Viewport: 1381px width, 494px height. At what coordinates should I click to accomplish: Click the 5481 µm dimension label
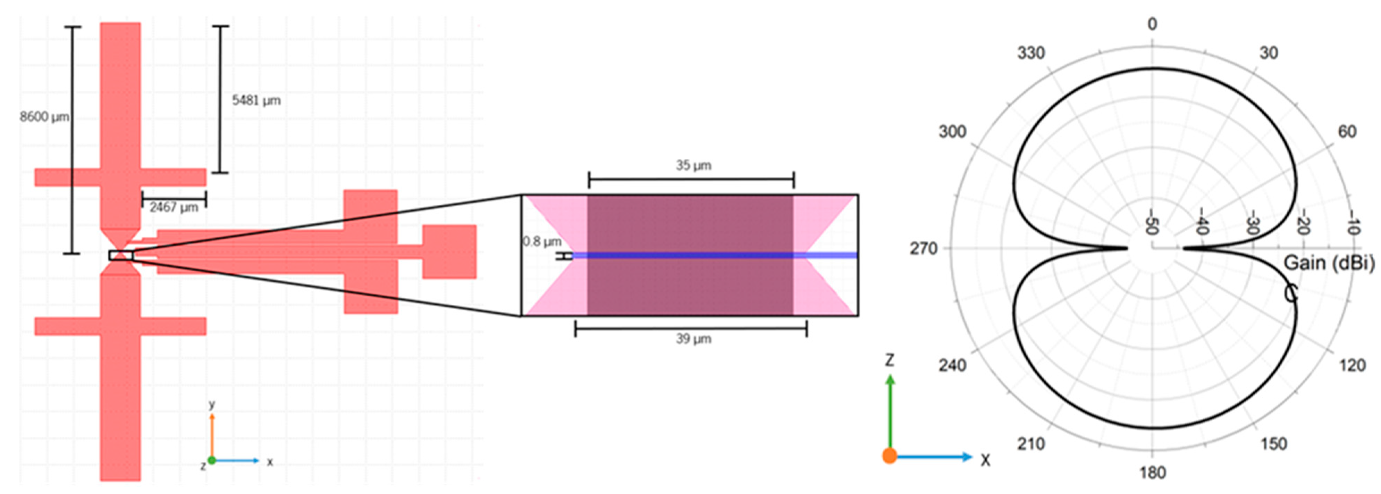click(x=256, y=100)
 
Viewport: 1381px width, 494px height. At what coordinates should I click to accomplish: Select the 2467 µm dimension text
click(x=174, y=207)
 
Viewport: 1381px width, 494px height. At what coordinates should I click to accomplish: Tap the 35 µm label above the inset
click(x=693, y=165)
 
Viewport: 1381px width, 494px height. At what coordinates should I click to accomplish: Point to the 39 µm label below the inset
click(x=693, y=339)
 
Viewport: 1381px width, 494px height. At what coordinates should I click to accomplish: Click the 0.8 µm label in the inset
click(x=542, y=241)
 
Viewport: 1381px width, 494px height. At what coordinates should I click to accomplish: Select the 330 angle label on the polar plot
click(x=1031, y=53)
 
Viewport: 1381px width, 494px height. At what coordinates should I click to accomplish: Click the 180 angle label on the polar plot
click(x=1152, y=472)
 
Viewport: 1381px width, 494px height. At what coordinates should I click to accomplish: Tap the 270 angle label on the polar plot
click(x=924, y=248)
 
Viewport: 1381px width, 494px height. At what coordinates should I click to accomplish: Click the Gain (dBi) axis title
click(x=1329, y=263)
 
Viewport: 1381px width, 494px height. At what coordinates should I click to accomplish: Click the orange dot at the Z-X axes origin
click(x=890, y=456)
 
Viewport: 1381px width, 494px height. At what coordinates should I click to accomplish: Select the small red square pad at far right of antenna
click(x=449, y=252)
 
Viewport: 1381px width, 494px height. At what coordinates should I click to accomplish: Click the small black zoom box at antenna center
click(x=121, y=255)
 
